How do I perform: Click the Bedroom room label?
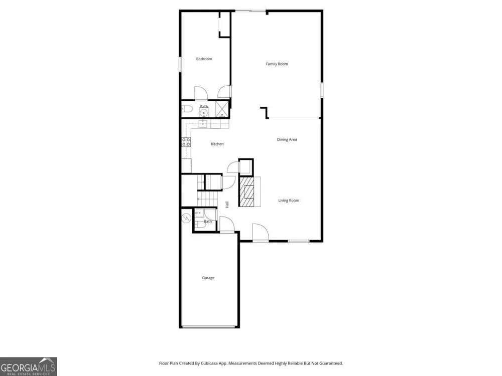204,59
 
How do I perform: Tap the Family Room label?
277,64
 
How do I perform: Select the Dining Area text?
287,139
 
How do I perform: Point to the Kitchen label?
217,144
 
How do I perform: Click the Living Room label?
289,201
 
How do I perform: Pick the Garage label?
208,278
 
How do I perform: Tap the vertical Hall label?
227,205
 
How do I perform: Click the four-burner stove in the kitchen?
186,142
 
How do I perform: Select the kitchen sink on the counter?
203,124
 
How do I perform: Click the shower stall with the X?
222,109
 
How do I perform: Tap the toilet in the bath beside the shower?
187,109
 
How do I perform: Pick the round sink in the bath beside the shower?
204,112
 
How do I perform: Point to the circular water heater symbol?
186,218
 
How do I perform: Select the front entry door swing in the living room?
260,232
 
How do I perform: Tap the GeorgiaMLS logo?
28,366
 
